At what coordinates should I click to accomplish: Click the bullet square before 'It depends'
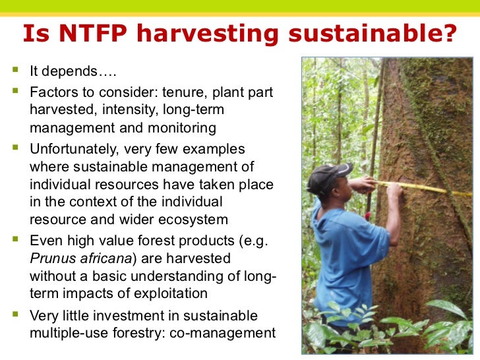(15, 71)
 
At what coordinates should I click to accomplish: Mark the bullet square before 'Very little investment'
(15, 315)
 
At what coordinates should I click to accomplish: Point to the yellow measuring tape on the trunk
(422, 189)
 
